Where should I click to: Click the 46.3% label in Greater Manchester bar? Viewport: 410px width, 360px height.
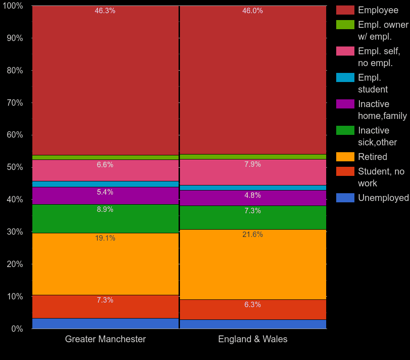pyautogui.click(x=105, y=11)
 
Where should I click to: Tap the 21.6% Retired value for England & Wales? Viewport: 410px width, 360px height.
pyautogui.click(x=252, y=235)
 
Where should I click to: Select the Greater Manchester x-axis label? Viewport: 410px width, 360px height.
pyautogui.click(x=105, y=339)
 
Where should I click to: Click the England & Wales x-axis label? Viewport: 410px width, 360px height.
pyautogui.click(x=252, y=339)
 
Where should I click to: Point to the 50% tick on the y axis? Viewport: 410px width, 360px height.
pyautogui.click(x=15, y=167)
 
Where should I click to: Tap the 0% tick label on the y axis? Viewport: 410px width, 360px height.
pyautogui.click(x=17, y=329)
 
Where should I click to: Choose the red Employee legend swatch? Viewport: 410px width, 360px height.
pyautogui.click(x=345, y=10)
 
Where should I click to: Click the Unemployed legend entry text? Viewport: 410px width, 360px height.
pyautogui.click(x=383, y=198)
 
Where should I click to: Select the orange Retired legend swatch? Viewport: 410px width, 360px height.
pyautogui.click(x=345, y=157)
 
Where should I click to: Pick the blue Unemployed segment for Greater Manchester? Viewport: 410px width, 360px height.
pyautogui.click(x=105, y=324)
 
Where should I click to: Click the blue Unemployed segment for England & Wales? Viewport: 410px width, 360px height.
pyautogui.click(x=253, y=324)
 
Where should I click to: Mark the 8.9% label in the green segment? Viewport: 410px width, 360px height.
pyautogui.click(x=105, y=210)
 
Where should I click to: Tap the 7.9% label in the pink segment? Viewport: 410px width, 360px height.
pyautogui.click(x=252, y=165)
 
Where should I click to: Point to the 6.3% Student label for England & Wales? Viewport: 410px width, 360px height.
pyautogui.click(x=252, y=305)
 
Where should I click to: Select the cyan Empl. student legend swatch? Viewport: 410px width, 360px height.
pyautogui.click(x=345, y=77)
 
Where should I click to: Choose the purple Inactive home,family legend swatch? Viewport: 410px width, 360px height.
pyautogui.click(x=345, y=104)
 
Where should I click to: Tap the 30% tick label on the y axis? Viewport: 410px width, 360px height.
pyautogui.click(x=15, y=232)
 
